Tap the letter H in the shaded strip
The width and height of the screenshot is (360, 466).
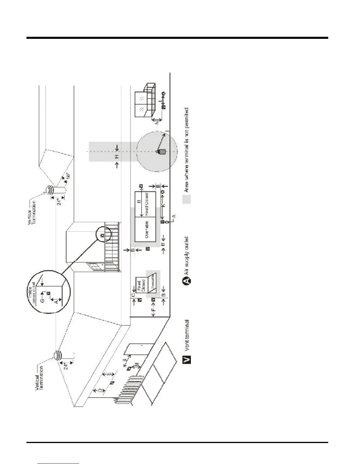(117, 156)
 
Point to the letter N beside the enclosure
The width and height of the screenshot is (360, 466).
(157, 121)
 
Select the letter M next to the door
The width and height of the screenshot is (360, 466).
(136, 365)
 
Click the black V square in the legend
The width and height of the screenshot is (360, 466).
(186, 359)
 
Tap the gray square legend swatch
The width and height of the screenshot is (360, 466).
(186, 199)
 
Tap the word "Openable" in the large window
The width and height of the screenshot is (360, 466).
(146, 229)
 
